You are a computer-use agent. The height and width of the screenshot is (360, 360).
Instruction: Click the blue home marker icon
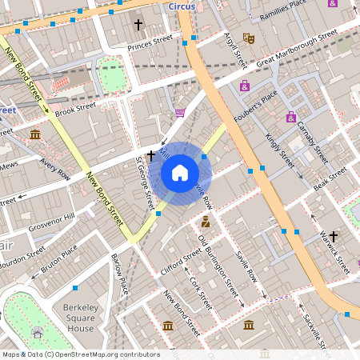pyautogui.click(x=180, y=173)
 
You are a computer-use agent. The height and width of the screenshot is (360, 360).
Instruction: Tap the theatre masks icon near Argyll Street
pyautogui.click(x=249, y=37)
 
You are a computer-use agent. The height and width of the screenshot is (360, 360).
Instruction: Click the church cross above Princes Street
pyautogui.click(x=138, y=26)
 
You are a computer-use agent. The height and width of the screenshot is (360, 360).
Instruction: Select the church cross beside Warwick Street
pyautogui.click(x=334, y=237)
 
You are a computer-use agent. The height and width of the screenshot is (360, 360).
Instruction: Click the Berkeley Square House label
pyautogui.click(x=86, y=318)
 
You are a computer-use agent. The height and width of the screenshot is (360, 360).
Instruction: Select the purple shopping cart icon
pyautogui.click(x=181, y=113)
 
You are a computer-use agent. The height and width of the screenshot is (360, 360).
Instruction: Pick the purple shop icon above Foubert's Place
pyautogui.click(x=244, y=86)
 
